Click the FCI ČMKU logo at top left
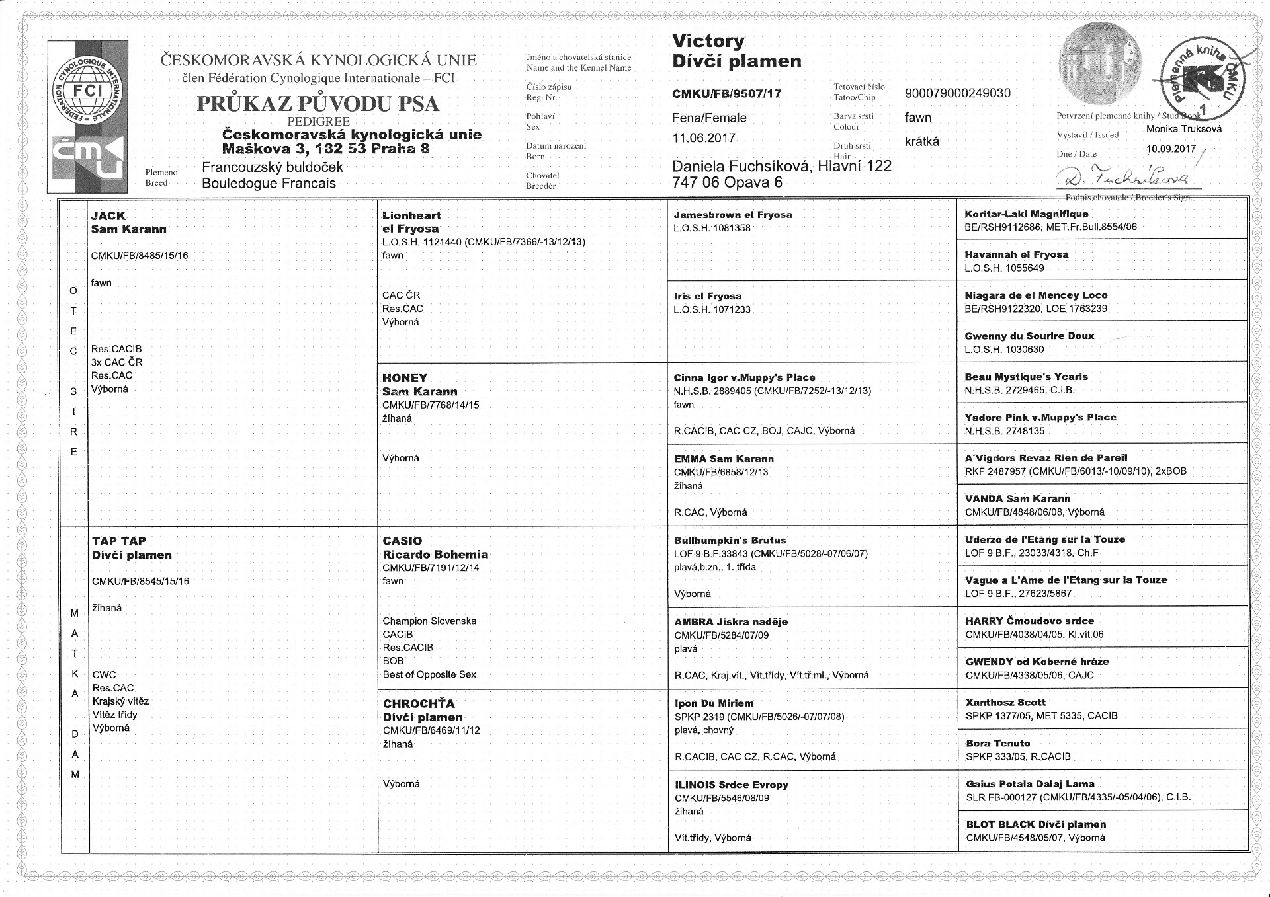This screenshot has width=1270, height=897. (x=88, y=116)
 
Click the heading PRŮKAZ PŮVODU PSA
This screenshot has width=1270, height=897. (x=317, y=104)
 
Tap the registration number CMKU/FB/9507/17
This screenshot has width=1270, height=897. (x=726, y=94)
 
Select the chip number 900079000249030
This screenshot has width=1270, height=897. (x=957, y=93)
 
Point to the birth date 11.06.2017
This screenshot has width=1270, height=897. (x=704, y=138)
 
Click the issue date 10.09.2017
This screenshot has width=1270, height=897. (x=1171, y=149)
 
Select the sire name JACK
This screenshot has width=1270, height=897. (x=108, y=216)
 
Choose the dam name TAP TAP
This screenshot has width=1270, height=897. (x=119, y=541)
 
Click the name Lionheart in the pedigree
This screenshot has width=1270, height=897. (x=411, y=215)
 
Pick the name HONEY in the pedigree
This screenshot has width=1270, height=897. (x=405, y=378)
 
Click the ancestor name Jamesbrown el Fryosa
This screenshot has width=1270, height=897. (x=732, y=215)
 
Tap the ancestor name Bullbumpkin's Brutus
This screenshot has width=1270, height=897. (x=730, y=540)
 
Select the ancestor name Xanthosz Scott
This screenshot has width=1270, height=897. (x=1005, y=702)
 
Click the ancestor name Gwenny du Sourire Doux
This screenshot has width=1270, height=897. (x=1029, y=336)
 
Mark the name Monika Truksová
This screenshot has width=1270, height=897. (x=1184, y=129)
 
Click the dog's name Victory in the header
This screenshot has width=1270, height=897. (x=708, y=41)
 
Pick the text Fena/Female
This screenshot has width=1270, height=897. (x=709, y=118)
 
